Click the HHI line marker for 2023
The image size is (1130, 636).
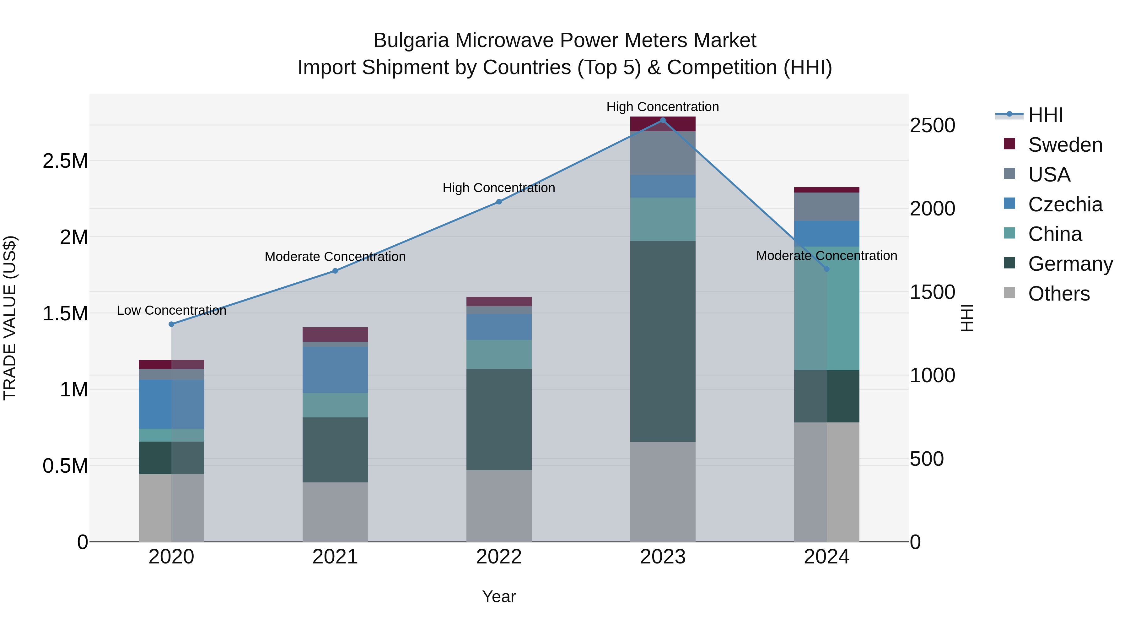click(662, 120)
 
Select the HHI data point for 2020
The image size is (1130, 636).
click(171, 324)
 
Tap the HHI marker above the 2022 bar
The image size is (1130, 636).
click(499, 202)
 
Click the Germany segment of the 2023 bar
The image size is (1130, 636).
click(662, 341)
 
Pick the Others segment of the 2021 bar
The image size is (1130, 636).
click(335, 512)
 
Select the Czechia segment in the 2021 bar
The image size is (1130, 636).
click(335, 370)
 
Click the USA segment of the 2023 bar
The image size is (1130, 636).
click(662, 153)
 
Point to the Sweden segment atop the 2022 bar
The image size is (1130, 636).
click(499, 302)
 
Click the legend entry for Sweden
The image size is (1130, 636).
click(1065, 145)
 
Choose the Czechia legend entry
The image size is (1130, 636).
click(1065, 204)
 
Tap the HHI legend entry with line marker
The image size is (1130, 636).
click(1045, 115)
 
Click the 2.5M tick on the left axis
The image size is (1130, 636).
click(65, 161)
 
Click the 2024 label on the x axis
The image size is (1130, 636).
click(826, 557)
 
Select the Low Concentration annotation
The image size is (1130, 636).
click(171, 310)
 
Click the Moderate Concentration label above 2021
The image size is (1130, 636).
click(335, 257)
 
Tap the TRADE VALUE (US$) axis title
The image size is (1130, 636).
click(10, 318)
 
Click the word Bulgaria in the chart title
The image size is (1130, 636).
click(411, 41)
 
